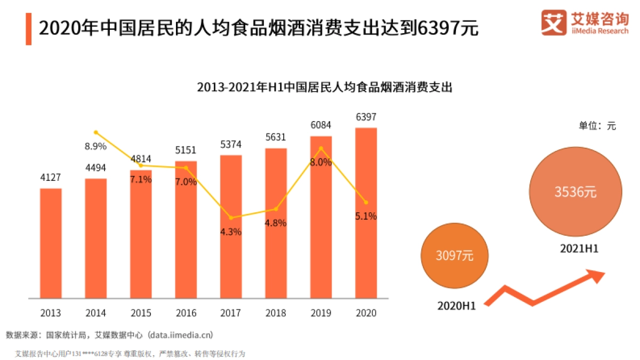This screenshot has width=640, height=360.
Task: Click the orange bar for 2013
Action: tap(51, 243)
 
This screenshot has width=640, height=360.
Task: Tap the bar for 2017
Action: tap(231, 226)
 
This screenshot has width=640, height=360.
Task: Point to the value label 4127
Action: tap(51, 177)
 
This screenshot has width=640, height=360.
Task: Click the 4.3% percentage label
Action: tap(231, 232)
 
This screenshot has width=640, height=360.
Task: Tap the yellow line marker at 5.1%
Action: tap(366, 202)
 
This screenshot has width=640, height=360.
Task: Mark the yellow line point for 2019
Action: tap(321, 148)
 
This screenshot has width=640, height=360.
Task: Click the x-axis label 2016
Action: tap(186, 313)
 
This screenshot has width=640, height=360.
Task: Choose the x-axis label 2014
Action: tap(95, 313)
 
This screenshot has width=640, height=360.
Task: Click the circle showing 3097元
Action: tap(454, 255)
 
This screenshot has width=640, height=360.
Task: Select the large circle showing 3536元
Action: tap(575, 193)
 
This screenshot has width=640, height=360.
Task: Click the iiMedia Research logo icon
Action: tap(553, 23)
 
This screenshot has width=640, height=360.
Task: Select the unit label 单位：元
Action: tap(597, 126)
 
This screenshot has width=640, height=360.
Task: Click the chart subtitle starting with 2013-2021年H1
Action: tap(324, 87)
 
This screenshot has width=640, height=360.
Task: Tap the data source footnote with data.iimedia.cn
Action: tap(109, 335)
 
